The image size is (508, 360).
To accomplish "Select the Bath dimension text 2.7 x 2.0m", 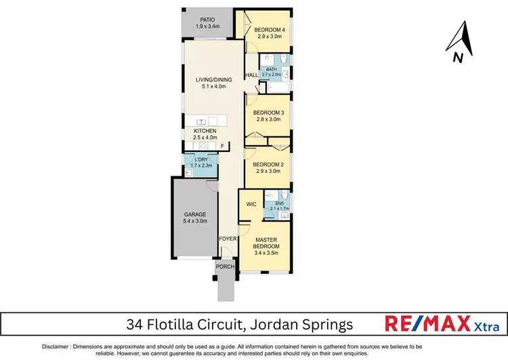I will click(272, 75).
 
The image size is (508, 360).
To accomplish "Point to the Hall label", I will click(251, 76).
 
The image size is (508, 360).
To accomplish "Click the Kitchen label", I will click(205, 131).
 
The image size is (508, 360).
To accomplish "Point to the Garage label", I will click(194, 214).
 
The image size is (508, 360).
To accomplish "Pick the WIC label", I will click(251, 203).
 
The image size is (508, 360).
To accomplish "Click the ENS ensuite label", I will click(279, 203).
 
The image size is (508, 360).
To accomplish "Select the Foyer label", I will click(226, 239).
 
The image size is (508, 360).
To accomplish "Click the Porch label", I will click(225, 266).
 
